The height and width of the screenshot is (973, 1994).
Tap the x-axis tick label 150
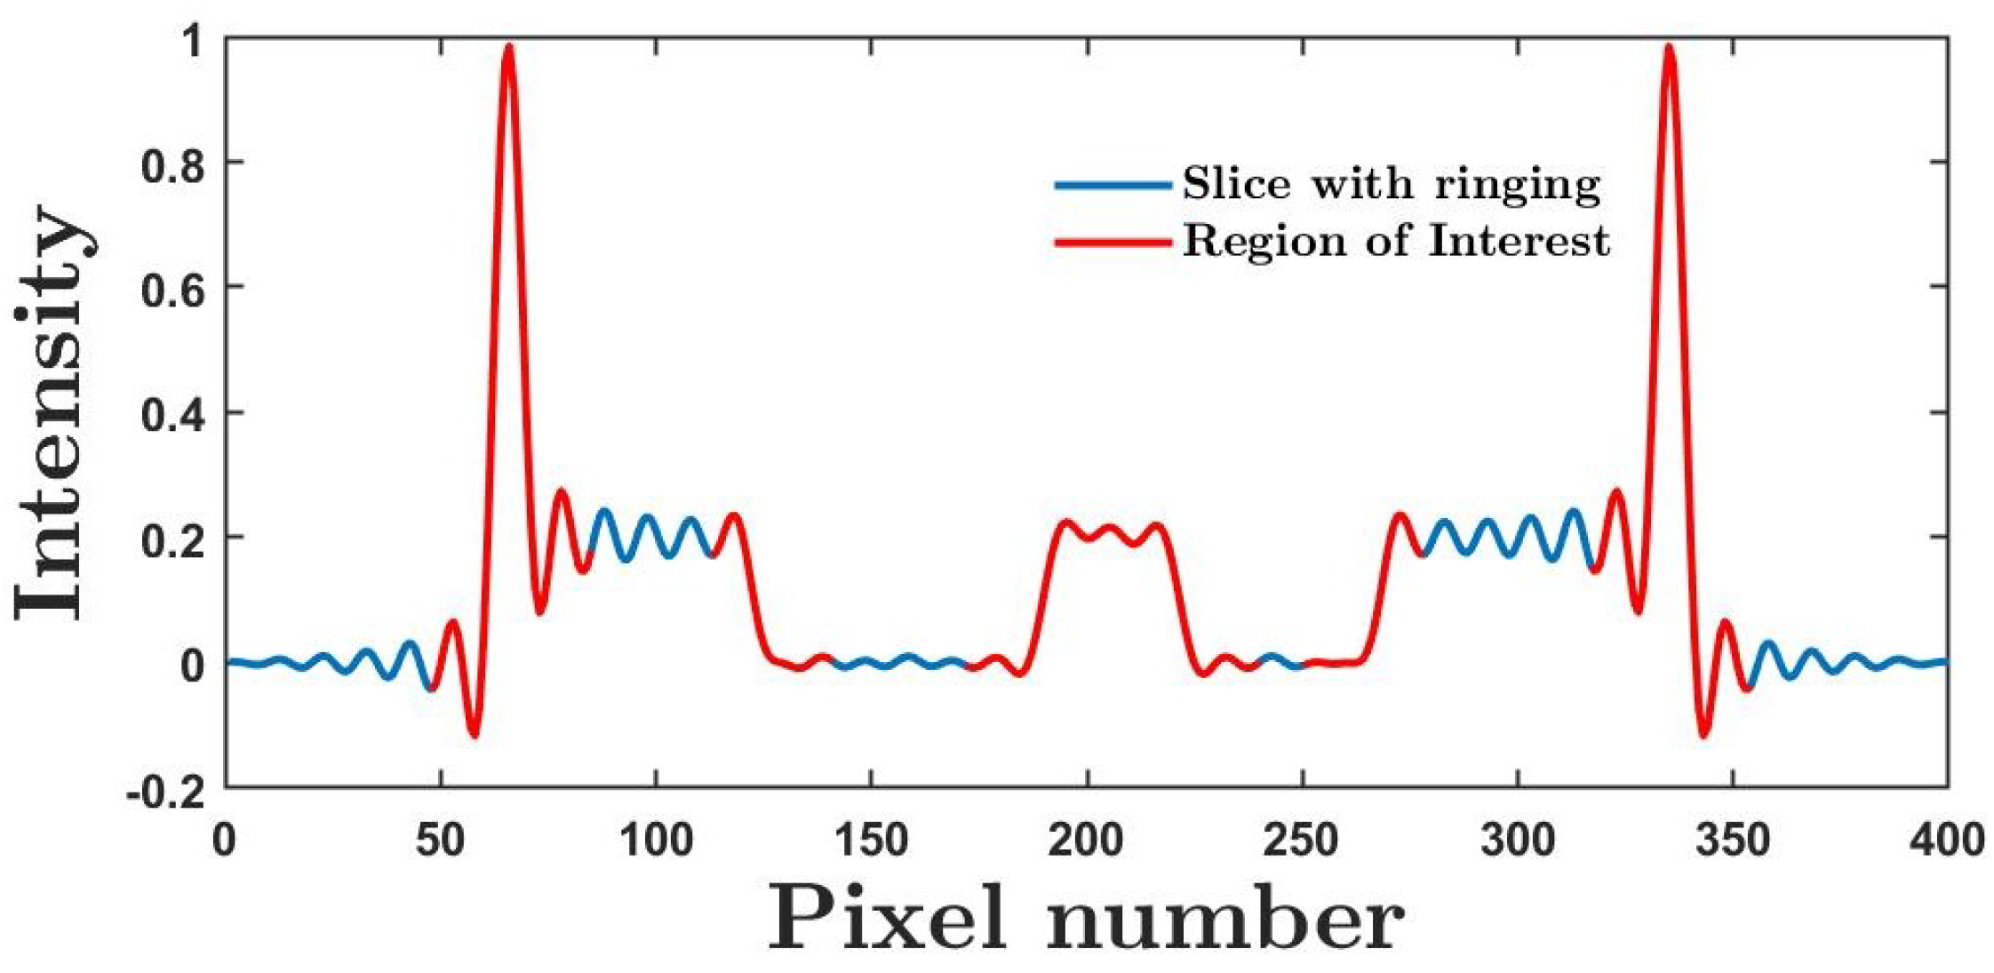coord(871,840)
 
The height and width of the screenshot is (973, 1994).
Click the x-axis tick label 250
coord(1302,840)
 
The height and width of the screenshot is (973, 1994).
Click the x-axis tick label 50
coord(441,840)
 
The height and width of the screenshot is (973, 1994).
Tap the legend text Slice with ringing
coord(1392,184)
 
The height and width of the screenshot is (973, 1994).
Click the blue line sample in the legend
coord(1113,185)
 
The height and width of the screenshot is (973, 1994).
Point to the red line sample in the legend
coord(1113,242)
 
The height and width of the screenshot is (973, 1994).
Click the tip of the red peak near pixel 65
coord(508,46)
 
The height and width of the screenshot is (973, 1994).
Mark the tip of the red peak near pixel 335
coord(1670,46)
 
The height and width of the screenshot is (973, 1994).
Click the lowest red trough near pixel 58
coord(474,735)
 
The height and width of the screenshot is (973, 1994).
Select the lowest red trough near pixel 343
coord(1703,735)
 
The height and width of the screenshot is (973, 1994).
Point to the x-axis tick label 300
coord(1518,840)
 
